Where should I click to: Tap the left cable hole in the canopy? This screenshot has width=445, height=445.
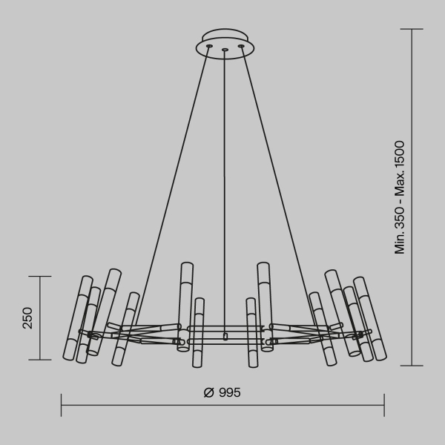pos(209,47)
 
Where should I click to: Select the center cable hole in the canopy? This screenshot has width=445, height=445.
pos(224,50)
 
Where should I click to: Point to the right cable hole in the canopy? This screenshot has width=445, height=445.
pos(241,47)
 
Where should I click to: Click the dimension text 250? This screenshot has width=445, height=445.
pos(27,317)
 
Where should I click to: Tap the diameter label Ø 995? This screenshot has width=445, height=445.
pos(222,393)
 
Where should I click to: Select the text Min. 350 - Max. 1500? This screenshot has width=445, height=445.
pos(400,197)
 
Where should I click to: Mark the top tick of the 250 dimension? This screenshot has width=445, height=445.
pos(39,277)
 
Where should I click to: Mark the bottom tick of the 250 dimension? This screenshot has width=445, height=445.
pos(39,360)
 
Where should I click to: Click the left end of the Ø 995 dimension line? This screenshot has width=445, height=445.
pos(62,405)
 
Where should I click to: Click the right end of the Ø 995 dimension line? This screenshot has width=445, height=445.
pos(384,405)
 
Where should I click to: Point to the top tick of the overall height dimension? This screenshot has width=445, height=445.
pos(412,29)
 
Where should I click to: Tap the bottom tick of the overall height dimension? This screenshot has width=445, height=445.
pos(412,365)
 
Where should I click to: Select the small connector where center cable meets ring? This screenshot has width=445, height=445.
pos(225,336)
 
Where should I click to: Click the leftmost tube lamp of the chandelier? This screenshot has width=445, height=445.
pos(77,318)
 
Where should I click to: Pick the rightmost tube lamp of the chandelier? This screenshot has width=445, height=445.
pos(370,319)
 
